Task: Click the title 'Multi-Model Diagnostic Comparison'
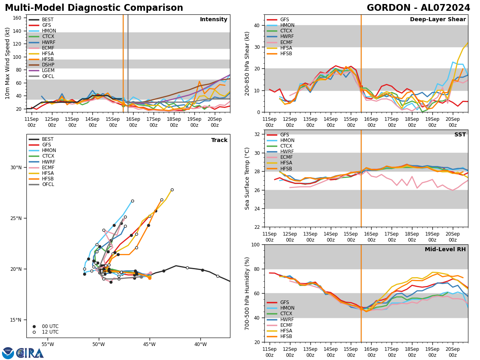pos(94,8)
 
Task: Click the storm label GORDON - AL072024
pos(418,8)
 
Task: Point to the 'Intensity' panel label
pos(214,20)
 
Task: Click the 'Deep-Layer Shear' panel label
pos(438,20)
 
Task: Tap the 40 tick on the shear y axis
pos(256,25)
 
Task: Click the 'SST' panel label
pos(460,135)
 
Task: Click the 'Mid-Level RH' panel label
pos(445,250)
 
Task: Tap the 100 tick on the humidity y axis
pos(255,245)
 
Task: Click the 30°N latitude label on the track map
pos(16,168)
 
